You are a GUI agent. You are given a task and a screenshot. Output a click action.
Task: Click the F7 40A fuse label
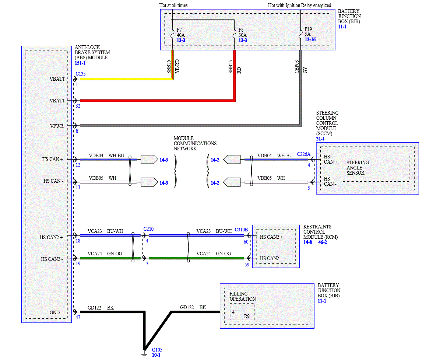click(180, 32)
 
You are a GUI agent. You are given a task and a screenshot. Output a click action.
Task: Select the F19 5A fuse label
click(308, 31)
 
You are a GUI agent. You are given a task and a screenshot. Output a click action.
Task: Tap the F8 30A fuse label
click(242, 32)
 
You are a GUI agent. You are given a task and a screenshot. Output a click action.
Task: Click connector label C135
click(81, 74)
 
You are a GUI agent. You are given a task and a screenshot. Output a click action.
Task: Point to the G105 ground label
click(157, 350)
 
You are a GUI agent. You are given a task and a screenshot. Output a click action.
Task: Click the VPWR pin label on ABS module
click(57, 126)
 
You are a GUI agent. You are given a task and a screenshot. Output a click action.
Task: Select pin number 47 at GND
click(78, 317)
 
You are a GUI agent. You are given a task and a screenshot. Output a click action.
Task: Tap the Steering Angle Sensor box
click(376, 168)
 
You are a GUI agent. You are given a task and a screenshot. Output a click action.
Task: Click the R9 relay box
click(242, 312)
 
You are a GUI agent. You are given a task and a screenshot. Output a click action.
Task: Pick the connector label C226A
click(304, 154)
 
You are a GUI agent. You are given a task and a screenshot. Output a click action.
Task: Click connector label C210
click(148, 229)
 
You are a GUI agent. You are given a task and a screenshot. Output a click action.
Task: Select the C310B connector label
click(241, 230)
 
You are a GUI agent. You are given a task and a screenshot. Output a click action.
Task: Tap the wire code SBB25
click(230, 67)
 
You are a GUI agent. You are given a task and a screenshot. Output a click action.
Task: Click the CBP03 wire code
click(297, 67)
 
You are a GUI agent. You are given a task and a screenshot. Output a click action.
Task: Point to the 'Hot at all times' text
click(173, 5)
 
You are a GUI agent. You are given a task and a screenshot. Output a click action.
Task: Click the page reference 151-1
click(80, 63)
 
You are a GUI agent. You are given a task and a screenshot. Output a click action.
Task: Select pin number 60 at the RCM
click(246, 242)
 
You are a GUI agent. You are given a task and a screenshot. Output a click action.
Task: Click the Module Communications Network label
click(195, 143)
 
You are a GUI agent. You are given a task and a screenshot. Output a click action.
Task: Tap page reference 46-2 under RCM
click(323, 242)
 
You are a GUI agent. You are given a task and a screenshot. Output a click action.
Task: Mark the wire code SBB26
click(169, 67)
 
